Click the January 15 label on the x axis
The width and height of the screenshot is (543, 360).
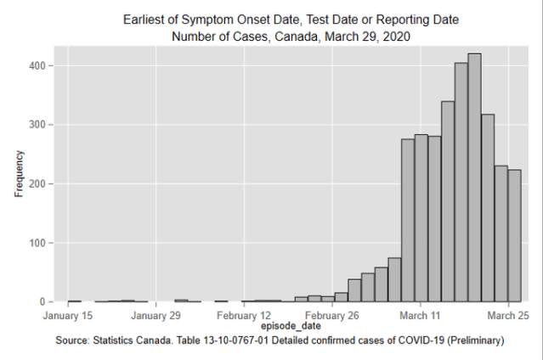pyautogui.click(x=68, y=315)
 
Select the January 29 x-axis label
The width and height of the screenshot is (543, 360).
pyautogui.click(x=156, y=315)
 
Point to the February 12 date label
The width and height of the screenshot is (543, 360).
pyautogui.click(x=244, y=315)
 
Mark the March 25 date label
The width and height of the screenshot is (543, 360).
pyautogui.click(x=509, y=315)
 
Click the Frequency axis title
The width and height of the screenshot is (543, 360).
pyautogui.click(x=20, y=173)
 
